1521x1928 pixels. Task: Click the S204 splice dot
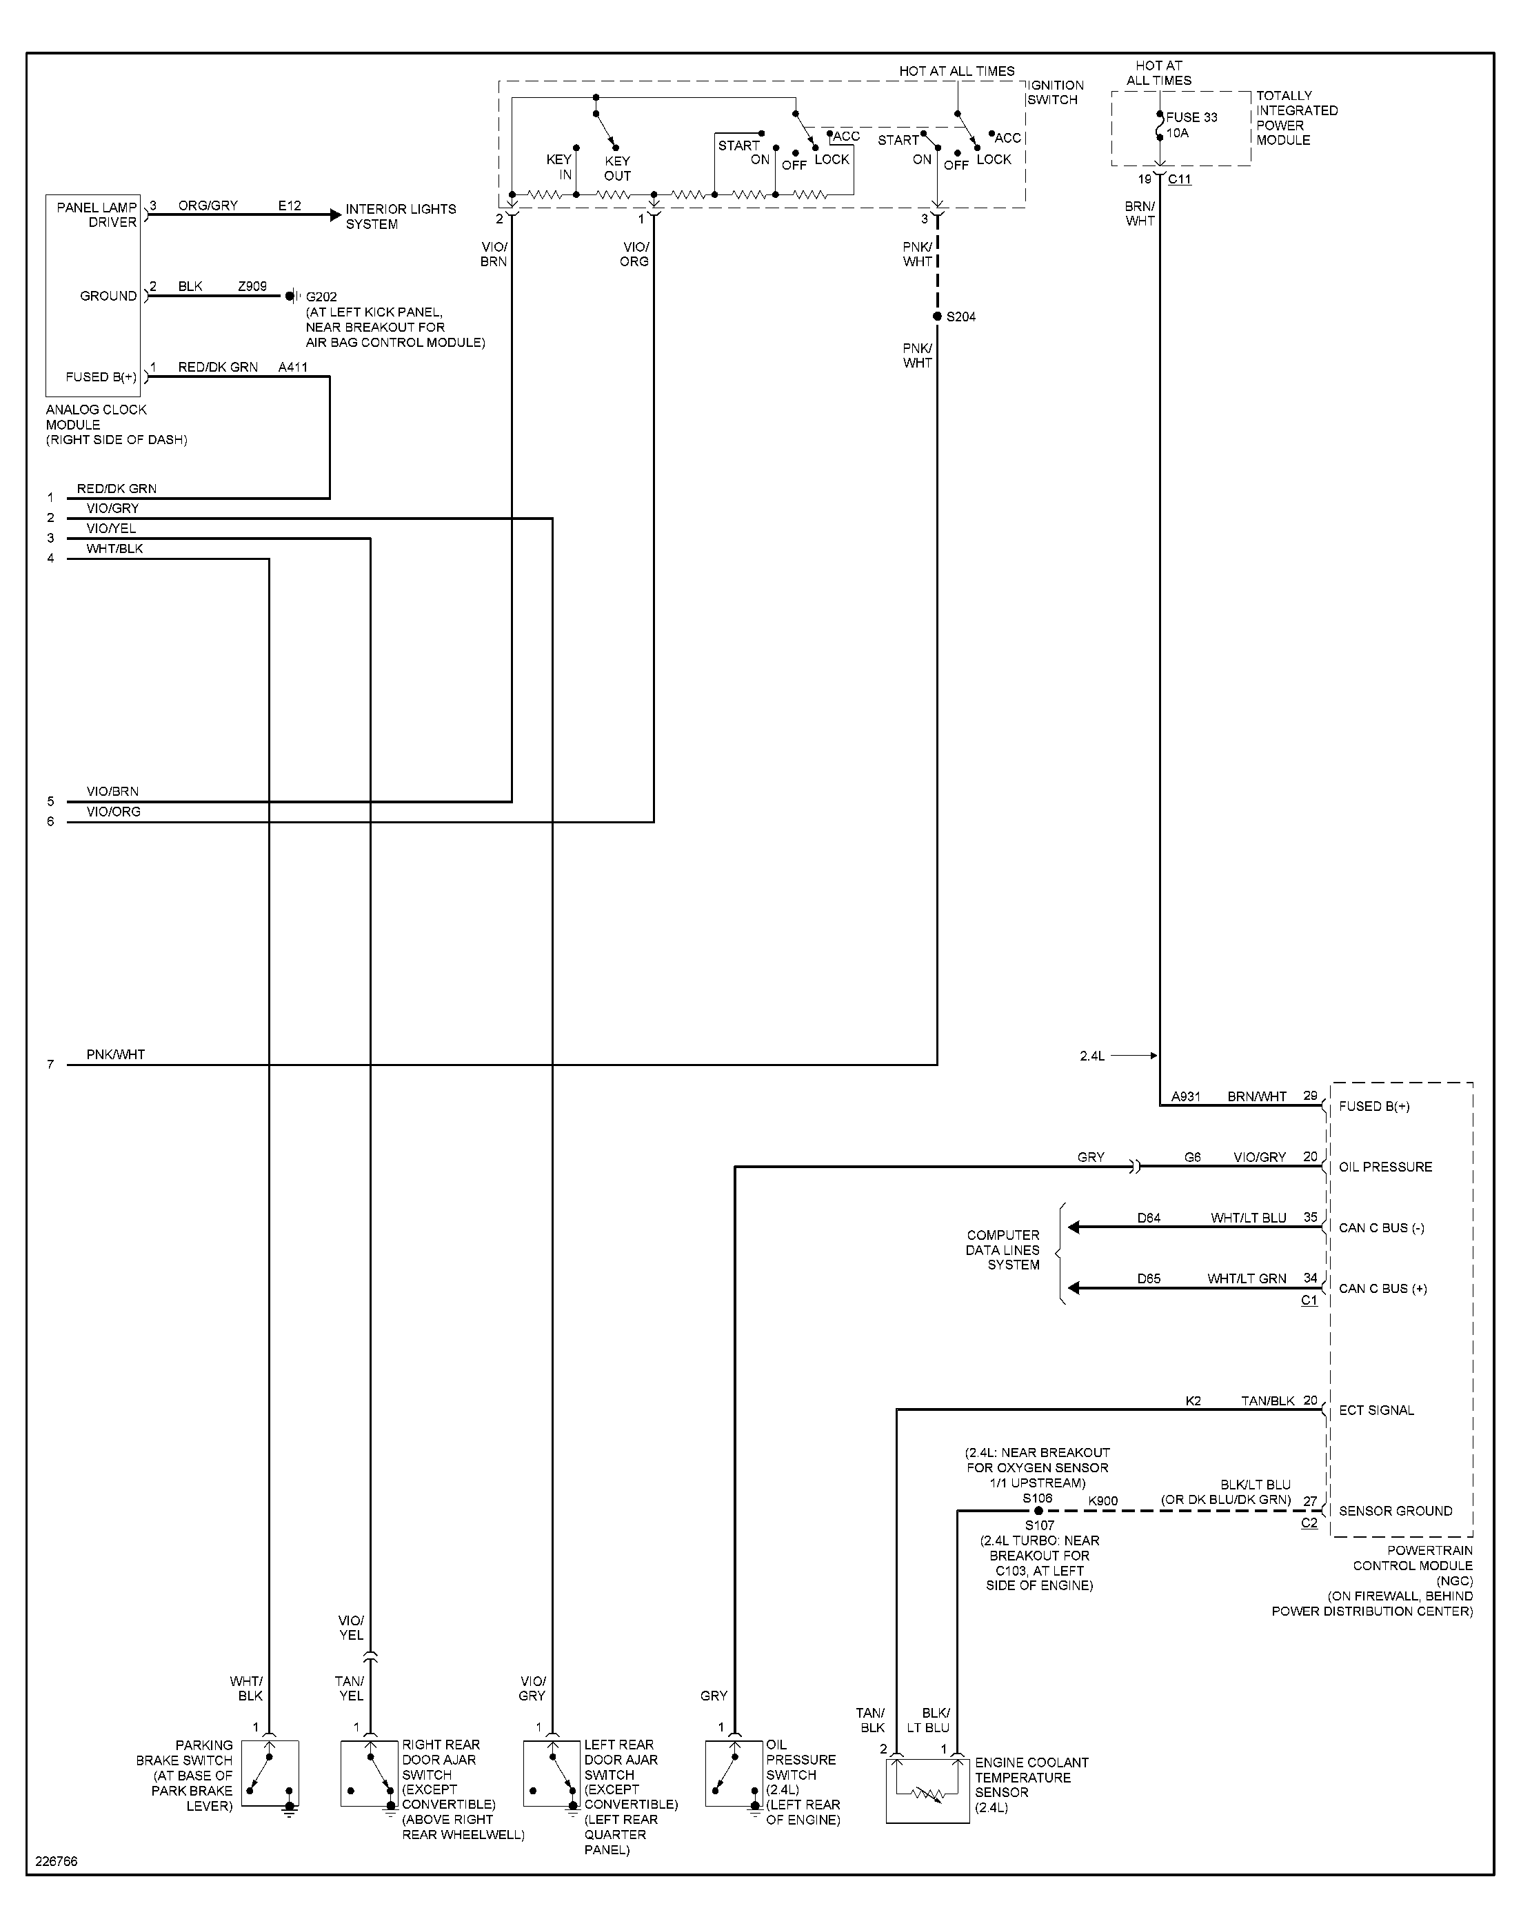(937, 317)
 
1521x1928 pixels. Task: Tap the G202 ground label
(321, 297)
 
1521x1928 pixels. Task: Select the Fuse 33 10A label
(1191, 125)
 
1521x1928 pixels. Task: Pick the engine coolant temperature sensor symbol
(927, 1790)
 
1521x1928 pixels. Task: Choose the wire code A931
(1185, 1096)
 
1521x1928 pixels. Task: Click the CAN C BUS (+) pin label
(1383, 1289)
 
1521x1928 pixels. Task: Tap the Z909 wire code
(252, 286)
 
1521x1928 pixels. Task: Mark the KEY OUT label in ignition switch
(617, 168)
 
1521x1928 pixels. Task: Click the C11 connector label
(1180, 179)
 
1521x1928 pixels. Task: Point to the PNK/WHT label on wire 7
(116, 1054)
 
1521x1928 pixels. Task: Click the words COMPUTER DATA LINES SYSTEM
(1004, 1249)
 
